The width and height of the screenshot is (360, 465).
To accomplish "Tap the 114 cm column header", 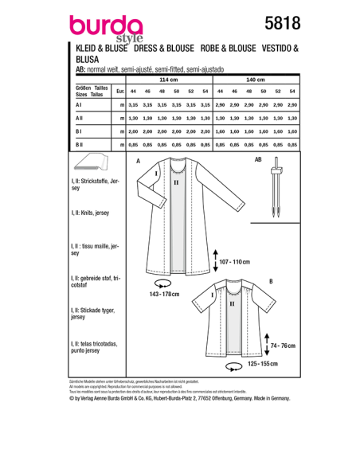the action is pyautogui.click(x=167, y=81).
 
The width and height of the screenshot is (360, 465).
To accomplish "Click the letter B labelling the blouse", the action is pyautogui.click(x=271, y=282).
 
